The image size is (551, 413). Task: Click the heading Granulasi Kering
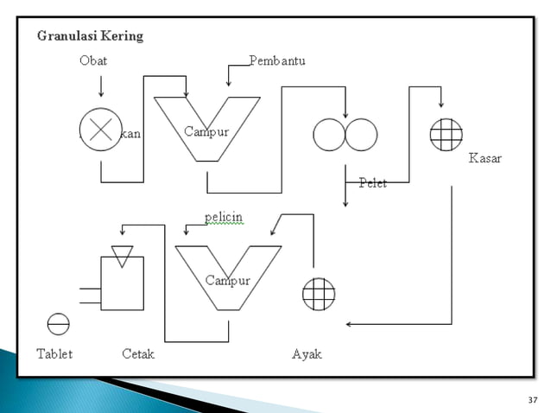point(90,36)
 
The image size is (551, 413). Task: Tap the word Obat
point(93,61)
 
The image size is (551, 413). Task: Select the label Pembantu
point(277,61)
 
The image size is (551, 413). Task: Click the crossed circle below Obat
point(101,130)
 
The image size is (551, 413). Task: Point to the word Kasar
point(484,159)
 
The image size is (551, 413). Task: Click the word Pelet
point(373,183)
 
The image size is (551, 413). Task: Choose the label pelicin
point(224,216)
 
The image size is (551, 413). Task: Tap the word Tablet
point(54,354)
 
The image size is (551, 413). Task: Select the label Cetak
point(138,354)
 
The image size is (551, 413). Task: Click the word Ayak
point(307,354)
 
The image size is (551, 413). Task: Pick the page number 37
point(532,400)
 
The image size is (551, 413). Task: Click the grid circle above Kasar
point(446,134)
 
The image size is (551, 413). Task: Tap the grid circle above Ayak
point(318,295)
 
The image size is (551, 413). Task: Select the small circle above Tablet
point(58,323)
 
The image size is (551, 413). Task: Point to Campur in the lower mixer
point(227,281)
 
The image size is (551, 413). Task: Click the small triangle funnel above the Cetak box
point(123,255)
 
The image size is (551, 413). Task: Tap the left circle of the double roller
point(329,134)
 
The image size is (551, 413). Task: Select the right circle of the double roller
point(360,134)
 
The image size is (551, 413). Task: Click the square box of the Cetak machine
point(122,284)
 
